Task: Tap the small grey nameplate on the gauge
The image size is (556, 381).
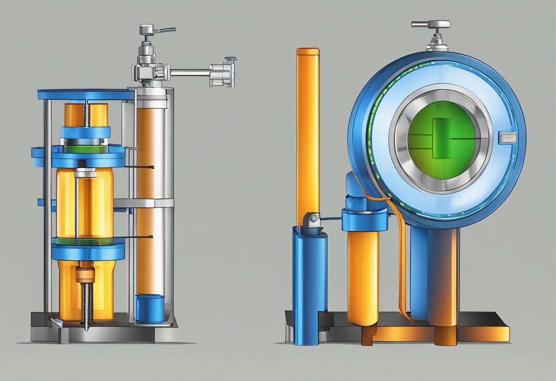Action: tap(508, 136)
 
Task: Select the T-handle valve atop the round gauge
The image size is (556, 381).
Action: tap(431, 25)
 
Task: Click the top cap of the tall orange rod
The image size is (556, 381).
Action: tap(308, 52)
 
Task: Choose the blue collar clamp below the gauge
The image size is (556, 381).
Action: tap(364, 218)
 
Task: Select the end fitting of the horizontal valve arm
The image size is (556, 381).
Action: tap(223, 72)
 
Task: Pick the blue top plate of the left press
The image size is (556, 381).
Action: tap(86, 95)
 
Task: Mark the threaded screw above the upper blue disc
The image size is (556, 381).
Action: tap(86, 114)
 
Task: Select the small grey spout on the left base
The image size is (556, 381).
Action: tap(57, 323)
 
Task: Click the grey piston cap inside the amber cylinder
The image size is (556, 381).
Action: tap(86, 173)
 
